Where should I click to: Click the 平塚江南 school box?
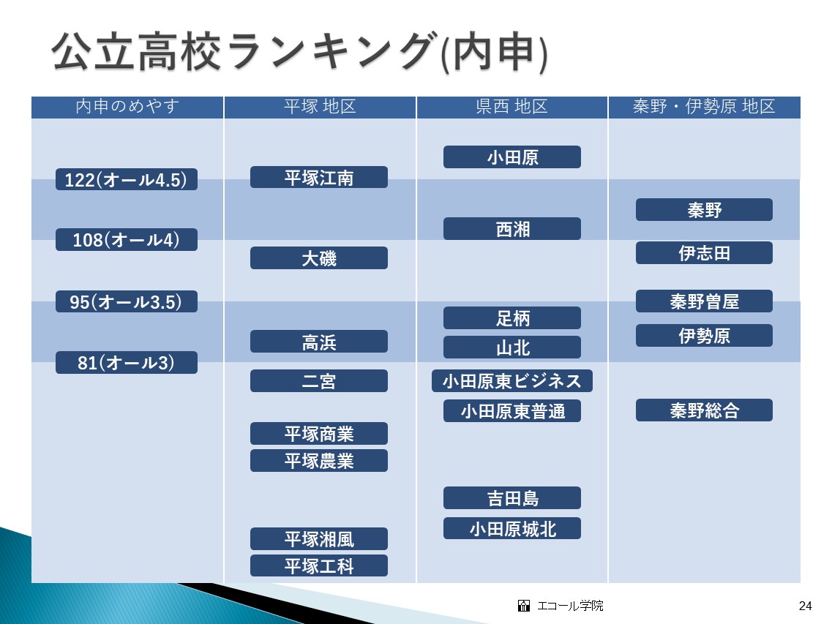click(x=319, y=177)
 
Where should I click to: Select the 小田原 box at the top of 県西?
click(x=512, y=157)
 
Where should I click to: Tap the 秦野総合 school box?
click(x=704, y=410)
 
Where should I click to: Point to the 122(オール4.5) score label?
click(x=127, y=179)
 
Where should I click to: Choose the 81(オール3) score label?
click(x=127, y=362)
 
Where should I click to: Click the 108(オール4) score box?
click(x=127, y=240)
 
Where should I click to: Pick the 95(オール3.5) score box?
click(x=127, y=301)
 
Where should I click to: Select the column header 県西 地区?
click(x=512, y=107)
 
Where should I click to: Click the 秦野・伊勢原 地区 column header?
click(x=704, y=107)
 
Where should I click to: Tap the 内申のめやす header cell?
click(x=127, y=107)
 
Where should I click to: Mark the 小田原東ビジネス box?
click(x=512, y=381)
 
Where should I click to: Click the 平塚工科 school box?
click(x=319, y=565)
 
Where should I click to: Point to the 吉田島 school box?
click(x=512, y=497)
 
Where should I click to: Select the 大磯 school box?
click(x=319, y=258)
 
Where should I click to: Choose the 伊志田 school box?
click(x=704, y=252)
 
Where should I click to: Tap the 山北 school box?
click(x=512, y=347)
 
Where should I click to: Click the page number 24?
click(x=805, y=606)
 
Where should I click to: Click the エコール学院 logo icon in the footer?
click(x=524, y=606)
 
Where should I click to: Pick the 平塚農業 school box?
click(x=319, y=461)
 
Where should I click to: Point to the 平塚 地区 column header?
click(x=320, y=107)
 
